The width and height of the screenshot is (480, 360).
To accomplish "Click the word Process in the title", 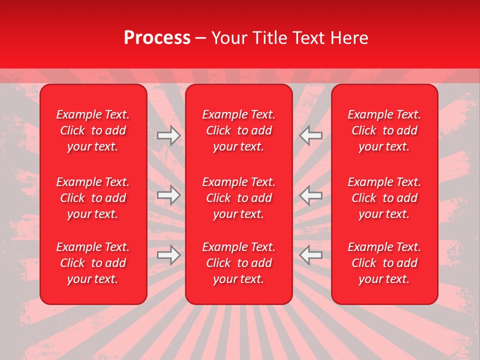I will (157, 38).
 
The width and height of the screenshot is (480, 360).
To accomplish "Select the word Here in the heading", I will (349, 38).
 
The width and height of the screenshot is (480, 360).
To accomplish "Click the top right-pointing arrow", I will (169, 135).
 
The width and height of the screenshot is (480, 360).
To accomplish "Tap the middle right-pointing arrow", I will (169, 195).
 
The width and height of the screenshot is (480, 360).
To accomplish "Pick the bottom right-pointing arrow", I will (169, 255).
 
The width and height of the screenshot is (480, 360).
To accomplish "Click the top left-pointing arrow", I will (311, 135).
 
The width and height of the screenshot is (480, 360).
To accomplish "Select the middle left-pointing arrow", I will (311, 195).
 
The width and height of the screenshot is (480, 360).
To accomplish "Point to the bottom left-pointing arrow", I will (311, 255).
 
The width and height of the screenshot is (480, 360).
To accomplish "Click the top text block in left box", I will (93, 130).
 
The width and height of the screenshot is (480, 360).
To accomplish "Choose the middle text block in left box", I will (93, 198).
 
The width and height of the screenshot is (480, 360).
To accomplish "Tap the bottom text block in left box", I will (93, 263).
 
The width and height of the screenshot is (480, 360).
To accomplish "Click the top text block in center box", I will (239, 130).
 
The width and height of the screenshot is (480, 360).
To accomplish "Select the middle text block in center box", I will (239, 198).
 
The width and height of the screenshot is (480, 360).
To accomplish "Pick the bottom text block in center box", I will (239, 263).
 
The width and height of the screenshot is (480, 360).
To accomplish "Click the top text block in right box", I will (384, 130).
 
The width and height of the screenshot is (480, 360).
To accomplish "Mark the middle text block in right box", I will (384, 198).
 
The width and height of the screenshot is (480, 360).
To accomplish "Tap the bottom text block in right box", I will (384, 263).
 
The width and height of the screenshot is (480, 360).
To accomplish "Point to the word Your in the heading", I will (229, 38).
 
